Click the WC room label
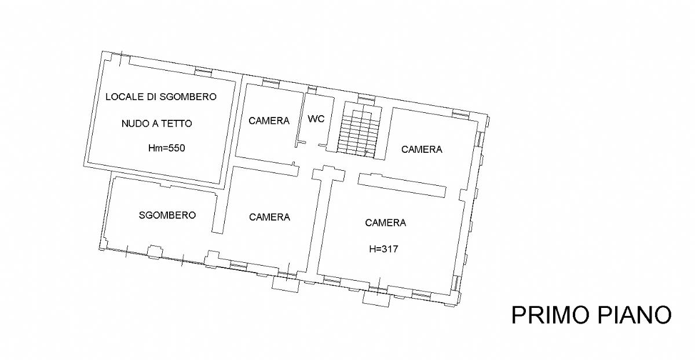[316, 119]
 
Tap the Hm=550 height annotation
[167, 148]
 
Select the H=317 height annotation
[383, 249]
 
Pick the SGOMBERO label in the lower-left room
[167, 215]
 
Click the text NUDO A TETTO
[157, 124]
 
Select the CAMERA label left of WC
[269, 120]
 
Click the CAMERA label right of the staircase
[422, 149]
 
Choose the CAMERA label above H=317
[385, 223]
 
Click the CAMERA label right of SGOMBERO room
[269, 217]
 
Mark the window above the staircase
[367, 98]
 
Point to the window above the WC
[312, 90]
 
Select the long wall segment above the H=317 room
[402, 185]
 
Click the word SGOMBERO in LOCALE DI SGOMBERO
[188, 97]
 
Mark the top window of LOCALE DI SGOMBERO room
[203, 72]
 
